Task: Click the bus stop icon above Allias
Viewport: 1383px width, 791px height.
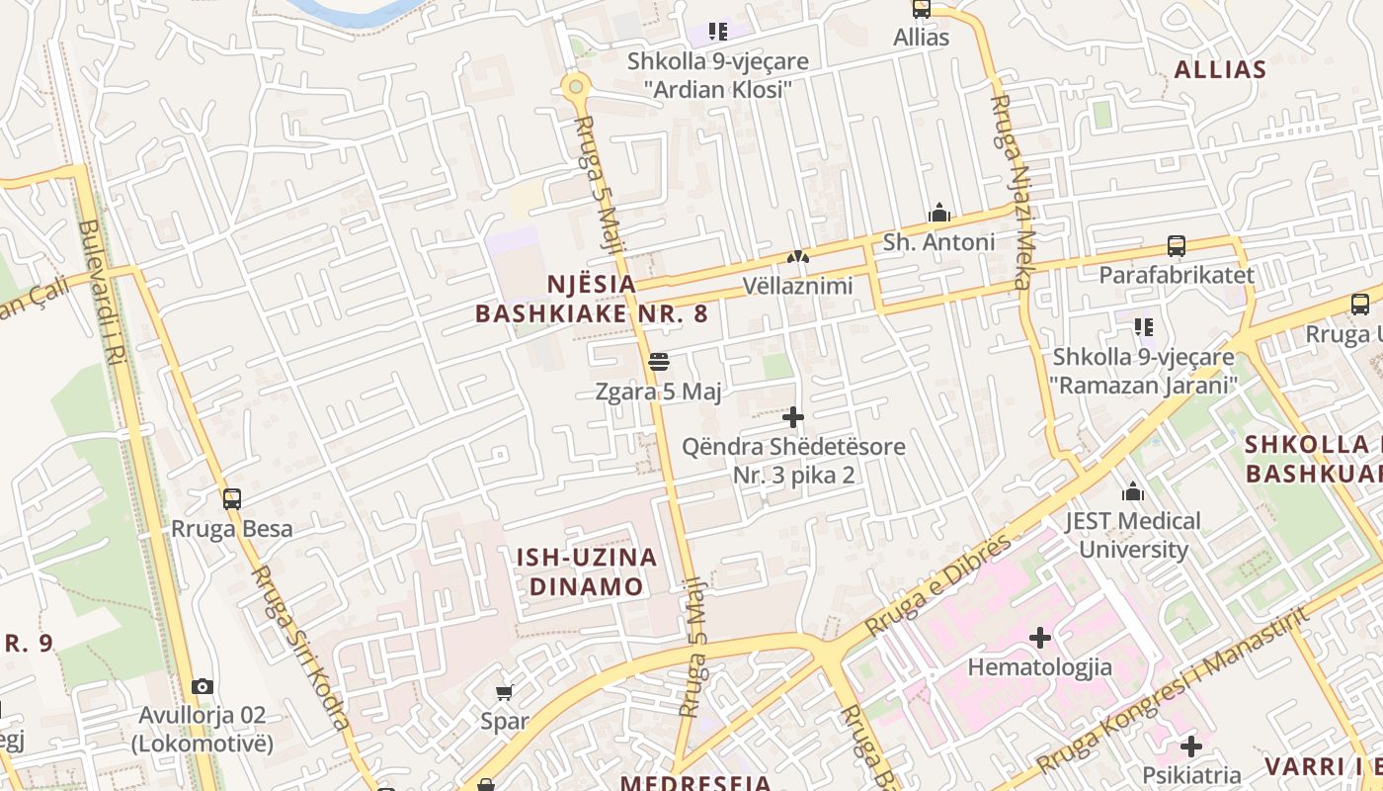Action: click(x=921, y=9)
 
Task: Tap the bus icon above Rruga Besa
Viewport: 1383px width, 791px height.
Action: click(x=232, y=498)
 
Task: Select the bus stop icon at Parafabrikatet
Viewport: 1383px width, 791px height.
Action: click(x=1176, y=245)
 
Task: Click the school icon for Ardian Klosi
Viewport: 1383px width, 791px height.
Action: click(x=718, y=32)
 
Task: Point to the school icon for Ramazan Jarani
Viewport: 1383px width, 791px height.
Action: click(x=1144, y=326)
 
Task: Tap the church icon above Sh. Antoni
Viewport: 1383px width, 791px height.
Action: click(x=938, y=213)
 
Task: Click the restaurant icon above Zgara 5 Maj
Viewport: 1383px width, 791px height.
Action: click(x=659, y=362)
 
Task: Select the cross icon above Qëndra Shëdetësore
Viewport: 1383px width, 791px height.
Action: click(x=793, y=417)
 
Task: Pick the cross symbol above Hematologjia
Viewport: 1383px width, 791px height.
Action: click(x=1039, y=638)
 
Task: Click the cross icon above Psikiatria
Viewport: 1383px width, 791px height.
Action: click(x=1191, y=746)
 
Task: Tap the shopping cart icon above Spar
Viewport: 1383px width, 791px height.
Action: click(x=505, y=692)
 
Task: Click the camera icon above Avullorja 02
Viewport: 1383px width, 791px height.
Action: click(x=203, y=686)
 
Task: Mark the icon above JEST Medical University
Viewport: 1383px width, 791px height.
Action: click(x=1132, y=491)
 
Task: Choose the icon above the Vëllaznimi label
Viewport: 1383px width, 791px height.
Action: click(x=797, y=258)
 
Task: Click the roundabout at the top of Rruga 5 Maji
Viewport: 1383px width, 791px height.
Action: click(x=576, y=86)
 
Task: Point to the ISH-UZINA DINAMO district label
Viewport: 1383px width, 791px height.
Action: click(x=587, y=571)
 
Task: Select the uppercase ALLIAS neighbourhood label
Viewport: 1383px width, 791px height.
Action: click(x=1220, y=69)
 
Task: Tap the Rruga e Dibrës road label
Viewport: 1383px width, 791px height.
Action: click(x=938, y=585)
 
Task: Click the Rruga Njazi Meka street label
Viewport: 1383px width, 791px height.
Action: click(x=1014, y=192)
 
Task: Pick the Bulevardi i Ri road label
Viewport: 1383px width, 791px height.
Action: click(x=103, y=291)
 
